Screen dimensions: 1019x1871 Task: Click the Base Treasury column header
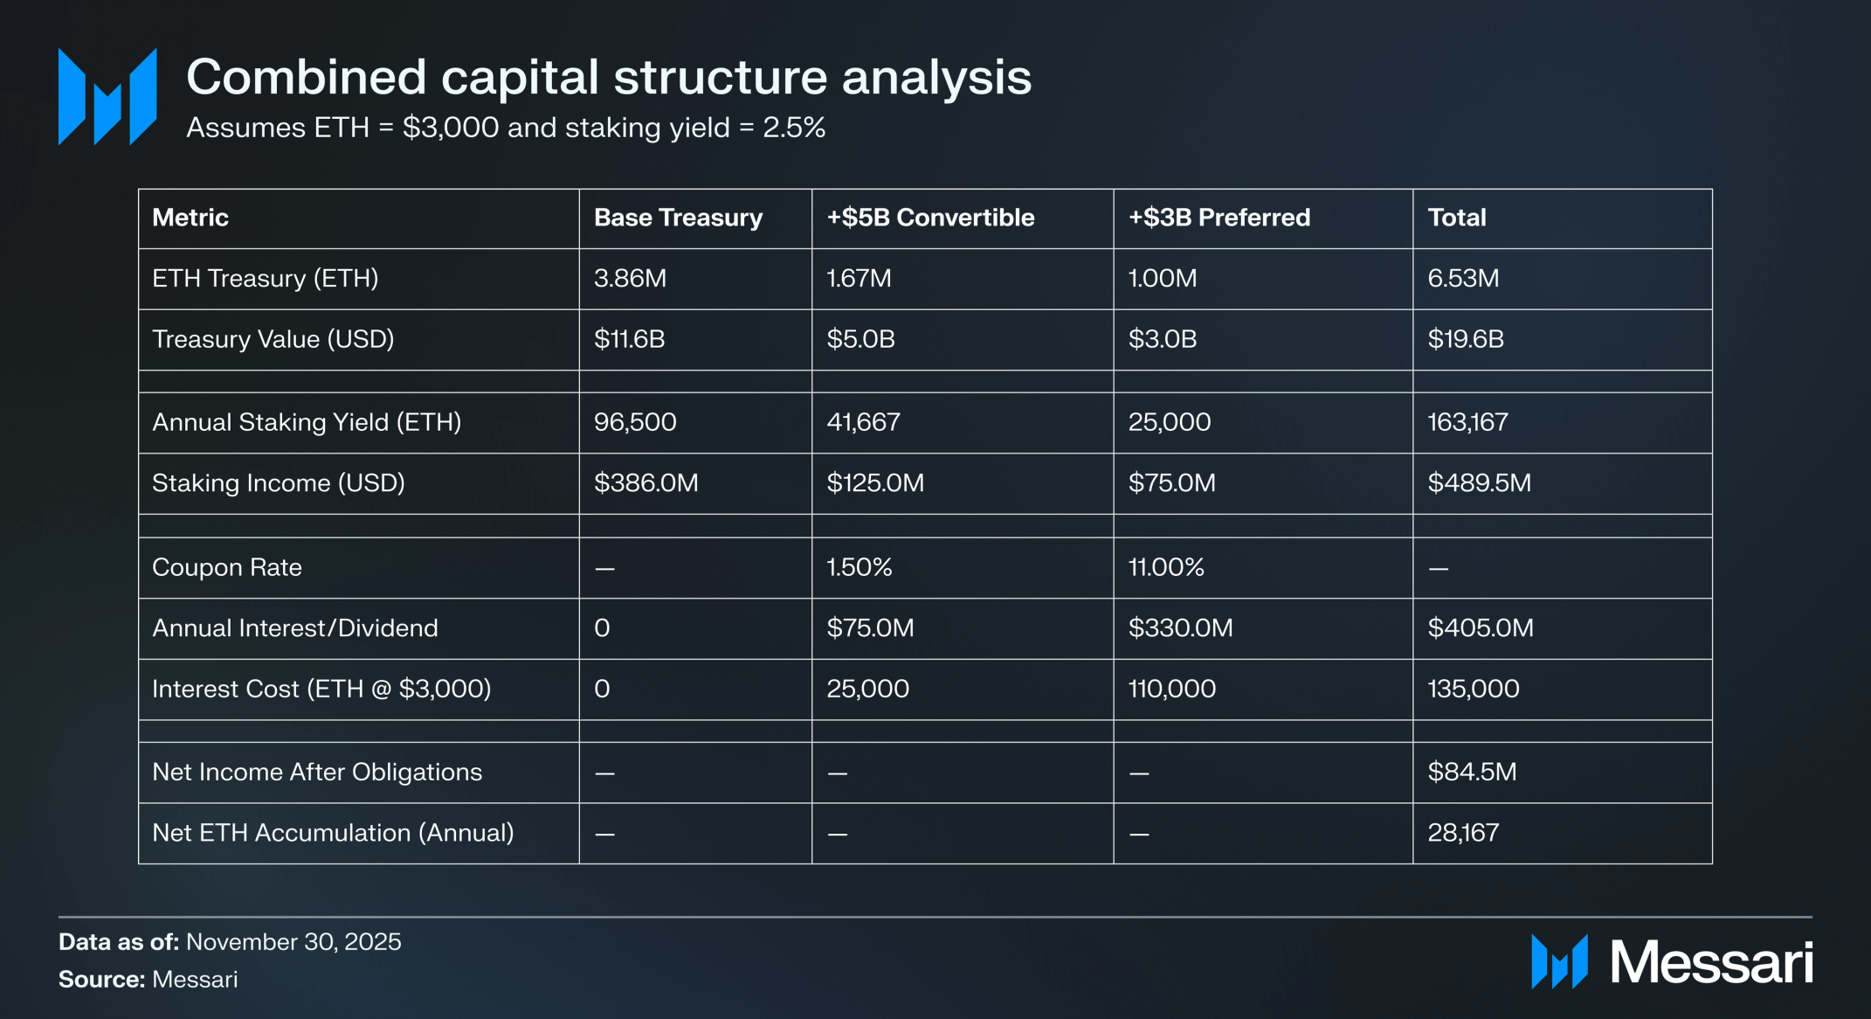pos(678,218)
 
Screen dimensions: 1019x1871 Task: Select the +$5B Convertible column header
pos(930,218)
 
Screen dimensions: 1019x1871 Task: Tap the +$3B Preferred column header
pos(1219,218)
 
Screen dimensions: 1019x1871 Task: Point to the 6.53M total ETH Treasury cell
pos(1463,279)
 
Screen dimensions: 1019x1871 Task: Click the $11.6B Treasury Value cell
pos(629,339)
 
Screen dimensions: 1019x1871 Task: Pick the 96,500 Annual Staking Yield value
pos(635,422)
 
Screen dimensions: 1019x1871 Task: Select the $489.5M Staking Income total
pos(1479,483)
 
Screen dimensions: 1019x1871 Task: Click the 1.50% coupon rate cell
pos(860,568)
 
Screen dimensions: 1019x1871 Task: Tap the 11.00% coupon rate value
pos(1166,568)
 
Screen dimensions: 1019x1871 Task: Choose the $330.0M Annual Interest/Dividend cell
pos(1180,628)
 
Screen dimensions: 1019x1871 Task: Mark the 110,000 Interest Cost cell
pos(1171,689)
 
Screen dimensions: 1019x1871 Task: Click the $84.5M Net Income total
pos(1472,773)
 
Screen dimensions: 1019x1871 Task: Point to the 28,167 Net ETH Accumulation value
pos(1463,833)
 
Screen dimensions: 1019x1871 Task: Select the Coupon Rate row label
pos(227,568)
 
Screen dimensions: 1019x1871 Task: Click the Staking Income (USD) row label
pos(279,483)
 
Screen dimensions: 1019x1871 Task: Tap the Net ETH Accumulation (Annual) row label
pos(333,833)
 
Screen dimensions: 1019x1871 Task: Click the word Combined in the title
pos(307,77)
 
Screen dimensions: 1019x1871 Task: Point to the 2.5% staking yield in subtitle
pos(794,128)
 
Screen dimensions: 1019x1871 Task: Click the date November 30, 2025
pos(293,942)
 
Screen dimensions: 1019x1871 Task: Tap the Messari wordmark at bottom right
pos(1710,962)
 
